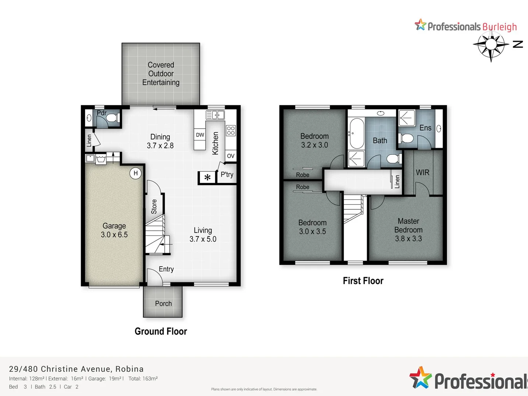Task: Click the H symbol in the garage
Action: [x=136, y=173]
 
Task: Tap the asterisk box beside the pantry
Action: [x=208, y=177]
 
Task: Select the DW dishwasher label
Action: [x=200, y=135]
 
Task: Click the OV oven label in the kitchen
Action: [x=231, y=156]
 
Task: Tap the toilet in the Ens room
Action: [x=406, y=139]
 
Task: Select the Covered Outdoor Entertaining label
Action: [x=161, y=74]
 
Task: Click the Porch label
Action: [x=163, y=304]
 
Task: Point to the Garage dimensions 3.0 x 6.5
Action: [x=114, y=235]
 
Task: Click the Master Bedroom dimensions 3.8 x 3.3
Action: [x=408, y=239]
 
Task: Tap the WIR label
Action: [x=422, y=172]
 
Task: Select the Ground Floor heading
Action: [x=161, y=331]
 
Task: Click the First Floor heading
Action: [x=363, y=281]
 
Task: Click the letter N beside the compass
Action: [x=518, y=44]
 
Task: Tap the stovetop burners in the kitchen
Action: [x=231, y=131]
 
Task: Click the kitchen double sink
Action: [x=215, y=115]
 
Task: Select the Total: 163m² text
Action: [x=143, y=379]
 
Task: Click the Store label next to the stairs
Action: [x=154, y=206]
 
